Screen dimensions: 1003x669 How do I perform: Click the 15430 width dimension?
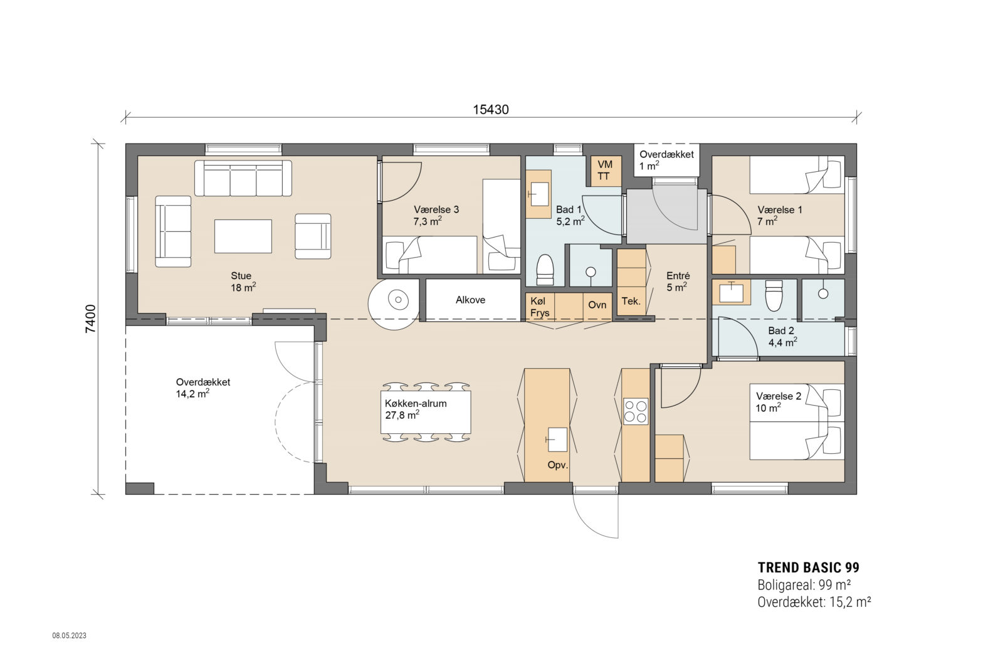(x=491, y=110)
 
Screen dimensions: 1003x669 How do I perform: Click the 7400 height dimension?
(x=90, y=319)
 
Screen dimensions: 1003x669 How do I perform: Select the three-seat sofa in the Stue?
(x=243, y=178)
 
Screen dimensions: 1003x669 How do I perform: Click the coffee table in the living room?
(x=243, y=236)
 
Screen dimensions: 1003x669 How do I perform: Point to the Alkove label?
(x=470, y=300)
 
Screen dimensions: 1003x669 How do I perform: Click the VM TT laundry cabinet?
(x=606, y=171)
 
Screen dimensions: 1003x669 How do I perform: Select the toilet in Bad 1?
(x=545, y=270)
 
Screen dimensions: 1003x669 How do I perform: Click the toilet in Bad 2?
(x=774, y=295)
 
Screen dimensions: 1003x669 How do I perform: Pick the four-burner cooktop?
(x=636, y=411)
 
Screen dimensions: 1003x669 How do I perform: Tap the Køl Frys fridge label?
(x=540, y=307)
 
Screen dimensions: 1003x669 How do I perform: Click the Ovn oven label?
(x=597, y=305)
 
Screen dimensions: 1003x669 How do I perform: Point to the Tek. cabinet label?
(x=631, y=302)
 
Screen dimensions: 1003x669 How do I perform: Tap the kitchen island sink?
(x=557, y=440)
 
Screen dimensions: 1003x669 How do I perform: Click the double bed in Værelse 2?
(x=797, y=422)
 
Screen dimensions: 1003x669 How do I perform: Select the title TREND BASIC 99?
(x=808, y=568)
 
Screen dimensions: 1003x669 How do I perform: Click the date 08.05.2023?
(x=70, y=636)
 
